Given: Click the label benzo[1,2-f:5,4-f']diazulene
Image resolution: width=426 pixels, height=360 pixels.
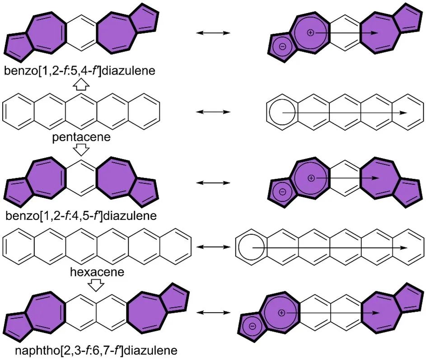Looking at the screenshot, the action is (x=80, y=70).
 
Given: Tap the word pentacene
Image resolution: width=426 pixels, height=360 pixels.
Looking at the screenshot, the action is (x=81, y=137).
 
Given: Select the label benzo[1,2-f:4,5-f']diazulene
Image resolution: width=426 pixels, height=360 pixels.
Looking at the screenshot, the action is (x=81, y=216).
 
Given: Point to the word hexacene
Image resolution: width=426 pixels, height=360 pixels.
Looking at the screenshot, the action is (x=97, y=272).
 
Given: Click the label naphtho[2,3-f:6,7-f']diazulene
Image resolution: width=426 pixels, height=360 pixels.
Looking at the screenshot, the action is (x=96, y=350).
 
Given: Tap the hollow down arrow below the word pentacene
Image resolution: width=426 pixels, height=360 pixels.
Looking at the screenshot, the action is (x=81, y=150).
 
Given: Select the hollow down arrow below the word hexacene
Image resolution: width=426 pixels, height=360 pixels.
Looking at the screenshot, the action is (x=96, y=285).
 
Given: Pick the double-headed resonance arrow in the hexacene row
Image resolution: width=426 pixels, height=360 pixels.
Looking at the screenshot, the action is (x=213, y=247).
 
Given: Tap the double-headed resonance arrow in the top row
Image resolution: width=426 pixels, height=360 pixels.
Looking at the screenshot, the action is (x=213, y=33).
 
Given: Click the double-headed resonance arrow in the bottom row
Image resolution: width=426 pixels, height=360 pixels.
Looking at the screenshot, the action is (x=213, y=313).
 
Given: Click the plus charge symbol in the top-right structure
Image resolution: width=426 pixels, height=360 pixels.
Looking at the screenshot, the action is (x=310, y=33).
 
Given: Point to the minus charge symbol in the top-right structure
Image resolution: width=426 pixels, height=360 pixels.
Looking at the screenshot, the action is (x=282, y=47).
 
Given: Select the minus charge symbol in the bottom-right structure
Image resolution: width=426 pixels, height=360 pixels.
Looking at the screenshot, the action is (x=253, y=326).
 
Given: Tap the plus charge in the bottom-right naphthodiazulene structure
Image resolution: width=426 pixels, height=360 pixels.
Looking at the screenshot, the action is (x=281, y=313).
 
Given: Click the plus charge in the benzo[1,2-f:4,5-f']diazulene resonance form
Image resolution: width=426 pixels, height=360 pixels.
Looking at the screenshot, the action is (x=311, y=178).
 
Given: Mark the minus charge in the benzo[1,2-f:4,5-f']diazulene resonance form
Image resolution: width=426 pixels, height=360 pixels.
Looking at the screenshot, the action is (x=282, y=192).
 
